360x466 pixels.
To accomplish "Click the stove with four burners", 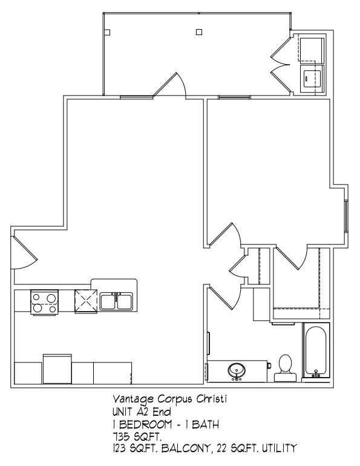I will (x=44, y=302).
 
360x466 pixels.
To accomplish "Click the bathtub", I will (x=315, y=351).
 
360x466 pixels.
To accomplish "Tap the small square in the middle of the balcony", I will (x=199, y=31).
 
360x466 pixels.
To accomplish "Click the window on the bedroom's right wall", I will (x=345, y=215).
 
